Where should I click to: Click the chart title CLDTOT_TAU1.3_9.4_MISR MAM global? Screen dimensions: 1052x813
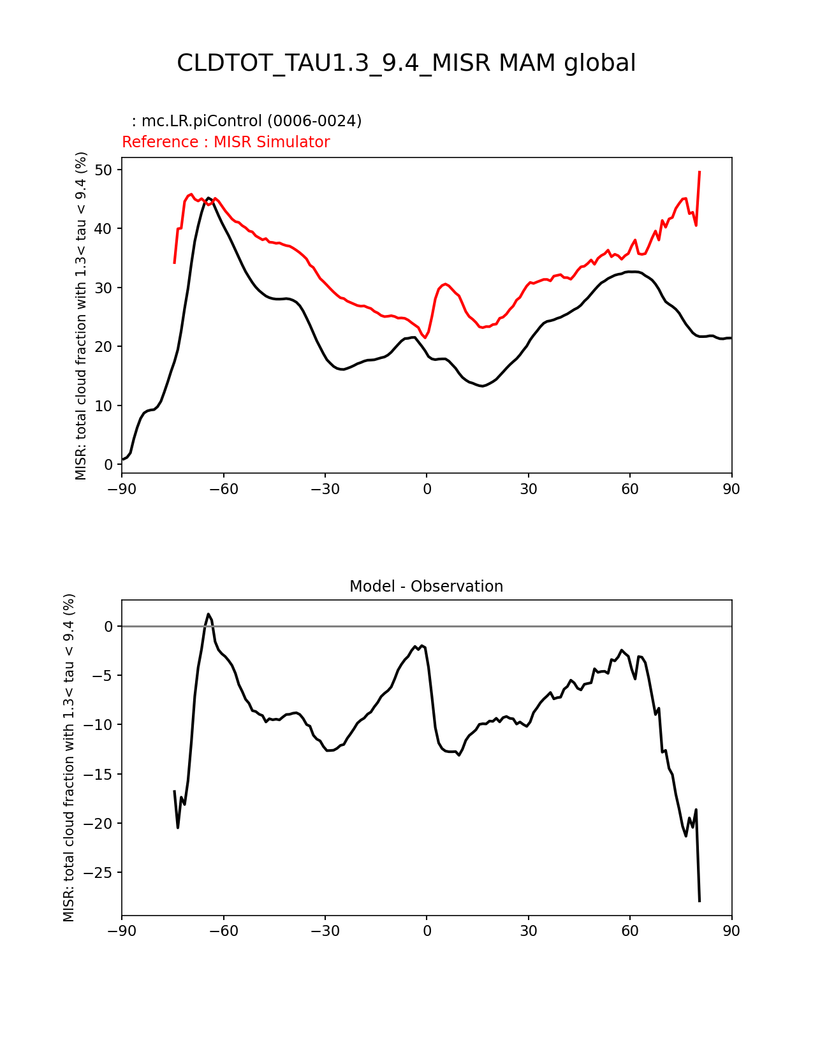pyautogui.click(x=406, y=63)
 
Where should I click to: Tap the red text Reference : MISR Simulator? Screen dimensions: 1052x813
pyautogui.click(x=226, y=142)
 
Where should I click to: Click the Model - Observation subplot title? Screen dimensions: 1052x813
pyautogui.click(x=426, y=587)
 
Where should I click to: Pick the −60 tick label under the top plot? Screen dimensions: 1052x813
pyautogui.click(x=223, y=489)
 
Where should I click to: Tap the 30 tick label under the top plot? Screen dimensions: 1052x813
pyautogui.click(x=528, y=489)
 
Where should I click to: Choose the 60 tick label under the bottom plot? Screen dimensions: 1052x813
pyautogui.click(x=630, y=931)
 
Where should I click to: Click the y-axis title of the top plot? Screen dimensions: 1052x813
pyautogui.click(x=81, y=316)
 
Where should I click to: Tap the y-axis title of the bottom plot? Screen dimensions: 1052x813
pyautogui.click(x=69, y=757)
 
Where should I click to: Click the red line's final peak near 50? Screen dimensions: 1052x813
pyautogui.click(x=699, y=172)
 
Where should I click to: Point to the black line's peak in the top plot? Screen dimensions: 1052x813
pyautogui.click(x=209, y=198)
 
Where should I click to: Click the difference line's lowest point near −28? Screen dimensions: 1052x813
pyautogui.click(x=699, y=901)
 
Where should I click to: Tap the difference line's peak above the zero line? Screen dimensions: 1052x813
pyautogui.click(x=209, y=614)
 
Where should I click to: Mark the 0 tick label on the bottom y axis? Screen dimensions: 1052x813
pyautogui.click(x=108, y=627)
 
